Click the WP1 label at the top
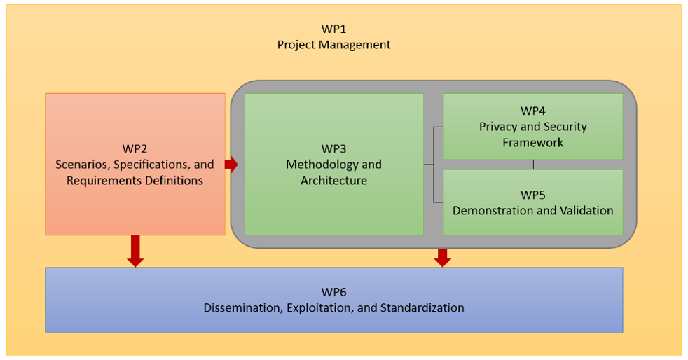[333, 29]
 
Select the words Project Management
[333, 45]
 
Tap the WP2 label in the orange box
[135, 149]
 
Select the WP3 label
[333, 149]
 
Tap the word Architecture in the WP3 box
[333, 181]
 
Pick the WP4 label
[533, 111]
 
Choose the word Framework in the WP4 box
[533, 142]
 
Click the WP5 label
[533, 195]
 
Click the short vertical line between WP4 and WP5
[533, 165]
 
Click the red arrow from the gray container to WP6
[442, 257]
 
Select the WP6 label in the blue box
[333, 292]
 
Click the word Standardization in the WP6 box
[425, 307]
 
